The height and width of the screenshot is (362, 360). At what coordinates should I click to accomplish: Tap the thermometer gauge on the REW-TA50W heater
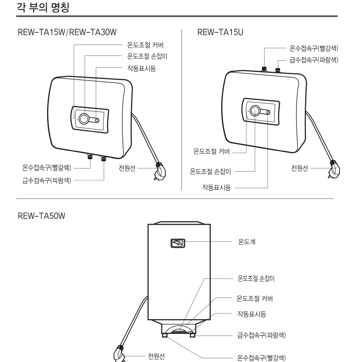[x=178, y=243]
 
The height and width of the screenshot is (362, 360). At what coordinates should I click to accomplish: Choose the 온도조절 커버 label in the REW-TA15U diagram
[x=211, y=152]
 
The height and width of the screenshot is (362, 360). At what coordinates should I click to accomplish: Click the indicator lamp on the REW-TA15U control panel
[x=268, y=112]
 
